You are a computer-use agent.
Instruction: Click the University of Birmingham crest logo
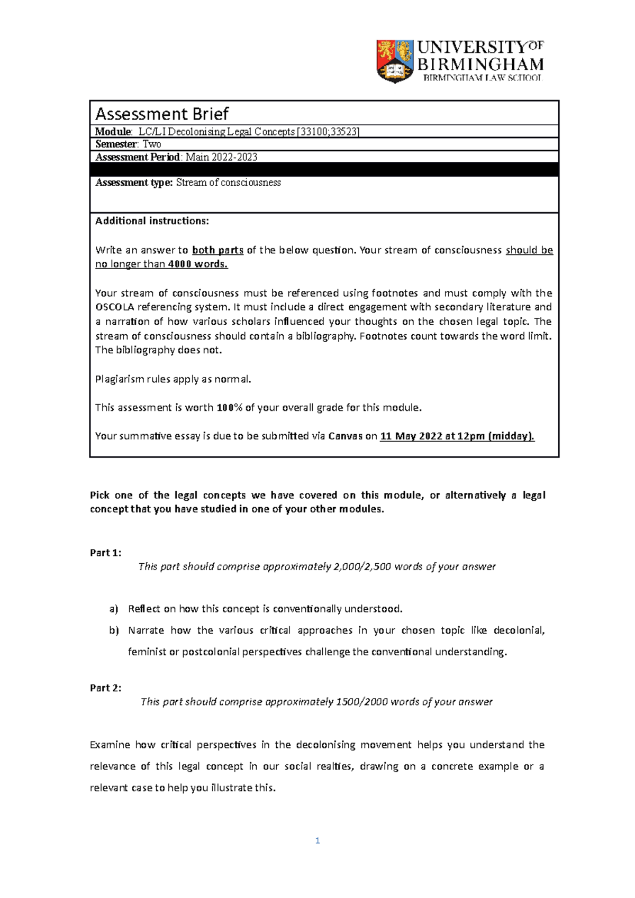tap(395, 61)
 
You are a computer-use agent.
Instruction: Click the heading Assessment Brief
tap(162, 114)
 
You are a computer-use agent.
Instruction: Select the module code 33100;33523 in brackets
tap(329, 132)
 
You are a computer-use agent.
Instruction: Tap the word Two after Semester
tap(152, 144)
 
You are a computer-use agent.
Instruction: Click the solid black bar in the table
tap(324, 170)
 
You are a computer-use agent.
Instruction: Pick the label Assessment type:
tap(134, 182)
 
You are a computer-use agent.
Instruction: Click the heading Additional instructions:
tap(152, 221)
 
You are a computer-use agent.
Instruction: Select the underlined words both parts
tap(217, 250)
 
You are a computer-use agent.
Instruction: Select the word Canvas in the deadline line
tap(345, 436)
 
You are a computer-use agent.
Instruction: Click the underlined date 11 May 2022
tap(411, 436)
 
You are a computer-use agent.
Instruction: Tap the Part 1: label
tap(105, 553)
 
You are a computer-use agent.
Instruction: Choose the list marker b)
tap(114, 630)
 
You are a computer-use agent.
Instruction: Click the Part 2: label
tap(105, 688)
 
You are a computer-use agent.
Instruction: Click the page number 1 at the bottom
tap(317, 840)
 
